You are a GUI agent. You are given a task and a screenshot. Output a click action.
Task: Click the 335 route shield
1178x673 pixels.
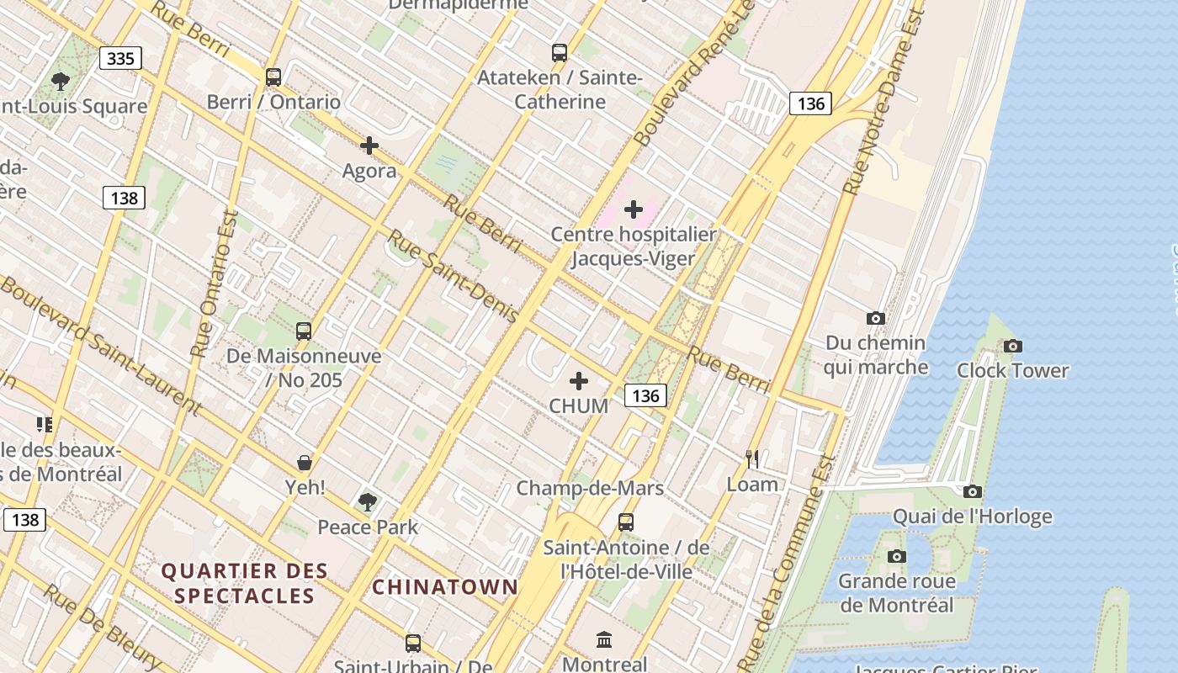(121, 58)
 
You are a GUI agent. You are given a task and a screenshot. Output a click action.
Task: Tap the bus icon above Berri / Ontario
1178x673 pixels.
(273, 77)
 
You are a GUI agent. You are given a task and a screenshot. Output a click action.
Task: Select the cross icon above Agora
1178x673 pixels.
(369, 146)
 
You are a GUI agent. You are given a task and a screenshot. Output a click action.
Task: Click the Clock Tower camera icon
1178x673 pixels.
(1013, 346)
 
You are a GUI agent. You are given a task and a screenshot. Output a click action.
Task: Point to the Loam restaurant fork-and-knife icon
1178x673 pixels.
(752, 459)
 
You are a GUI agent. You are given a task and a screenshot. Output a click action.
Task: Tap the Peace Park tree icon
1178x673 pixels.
(367, 502)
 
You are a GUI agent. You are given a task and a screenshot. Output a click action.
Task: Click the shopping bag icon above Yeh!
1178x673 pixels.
(305, 463)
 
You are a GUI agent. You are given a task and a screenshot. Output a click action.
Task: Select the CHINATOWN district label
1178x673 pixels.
(444, 587)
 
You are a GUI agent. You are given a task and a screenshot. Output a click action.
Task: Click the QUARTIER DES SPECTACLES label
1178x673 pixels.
(244, 583)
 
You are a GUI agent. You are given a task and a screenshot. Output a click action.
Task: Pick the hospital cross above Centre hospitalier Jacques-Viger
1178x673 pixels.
(634, 209)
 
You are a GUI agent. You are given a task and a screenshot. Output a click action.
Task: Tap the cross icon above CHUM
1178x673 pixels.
(579, 381)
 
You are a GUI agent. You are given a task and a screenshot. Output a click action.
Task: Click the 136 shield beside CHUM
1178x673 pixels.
(645, 395)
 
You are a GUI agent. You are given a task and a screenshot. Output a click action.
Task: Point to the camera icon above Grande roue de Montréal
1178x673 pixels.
(897, 556)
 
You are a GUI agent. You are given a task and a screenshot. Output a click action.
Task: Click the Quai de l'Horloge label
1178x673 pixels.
(972, 516)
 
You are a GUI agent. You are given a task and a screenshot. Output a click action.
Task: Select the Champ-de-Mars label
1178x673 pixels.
(590, 488)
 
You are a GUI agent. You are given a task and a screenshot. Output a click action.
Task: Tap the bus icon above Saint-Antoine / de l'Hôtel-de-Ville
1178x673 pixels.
(626, 522)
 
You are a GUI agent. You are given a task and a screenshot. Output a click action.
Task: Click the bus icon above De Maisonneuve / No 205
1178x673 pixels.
(304, 331)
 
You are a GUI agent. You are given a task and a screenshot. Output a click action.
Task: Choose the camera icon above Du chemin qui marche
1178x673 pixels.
(876, 318)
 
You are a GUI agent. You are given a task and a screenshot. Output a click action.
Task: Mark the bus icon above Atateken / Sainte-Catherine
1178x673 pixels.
(560, 53)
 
